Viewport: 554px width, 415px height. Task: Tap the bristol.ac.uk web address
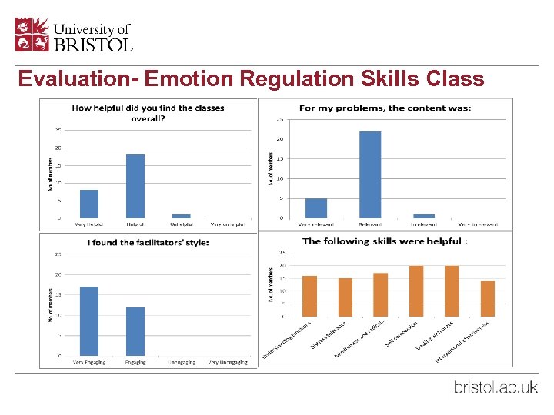pyautogui.click(x=495, y=387)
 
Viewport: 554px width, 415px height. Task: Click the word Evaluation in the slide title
pyautogui.click(x=74, y=79)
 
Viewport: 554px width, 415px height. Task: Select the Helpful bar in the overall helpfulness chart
pyautogui.click(x=135, y=186)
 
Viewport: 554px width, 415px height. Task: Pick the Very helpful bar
pyautogui.click(x=89, y=204)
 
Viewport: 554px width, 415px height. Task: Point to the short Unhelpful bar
pyautogui.click(x=182, y=216)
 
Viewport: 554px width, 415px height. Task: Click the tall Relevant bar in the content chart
pyautogui.click(x=370, y=174)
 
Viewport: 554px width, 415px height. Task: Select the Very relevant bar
pyautogui.click(x=316, y=208)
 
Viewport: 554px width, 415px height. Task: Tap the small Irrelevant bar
pyautogui.click(x=424, y=216)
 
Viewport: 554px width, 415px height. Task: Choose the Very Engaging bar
pyautogui.click(x=89, y=321)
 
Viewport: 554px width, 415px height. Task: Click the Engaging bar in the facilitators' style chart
pyautogui.click(x=135, y=331)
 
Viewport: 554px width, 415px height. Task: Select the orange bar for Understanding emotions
pyautogui.click(x=309, y=296)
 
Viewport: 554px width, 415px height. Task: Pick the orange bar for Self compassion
pyautogui.click(x=416, y=291)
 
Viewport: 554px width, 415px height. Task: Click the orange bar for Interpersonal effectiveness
pyautogui.click(x=487, y=298)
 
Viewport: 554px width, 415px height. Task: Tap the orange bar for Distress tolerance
pyautogui.click(x=345, y=297)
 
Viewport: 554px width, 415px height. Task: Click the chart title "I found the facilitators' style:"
pyautogui.click(x=149, y=243)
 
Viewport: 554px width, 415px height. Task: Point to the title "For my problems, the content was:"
pyautogui.click(x=385, y=108)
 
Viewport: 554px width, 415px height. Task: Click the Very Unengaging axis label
pyautogui.click(x=227, y=362)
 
